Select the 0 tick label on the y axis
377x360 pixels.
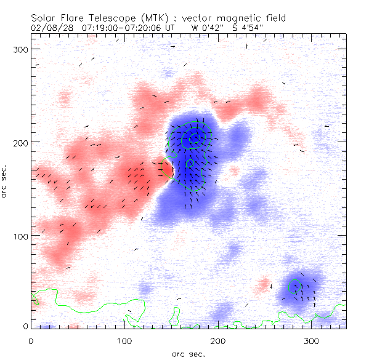coord(26,326)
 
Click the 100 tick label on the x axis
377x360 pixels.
coord(124,340)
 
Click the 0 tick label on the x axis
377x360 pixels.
coord(31,340)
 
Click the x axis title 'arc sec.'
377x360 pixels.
coord(188,354)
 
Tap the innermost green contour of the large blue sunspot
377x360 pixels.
coord(194,138)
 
